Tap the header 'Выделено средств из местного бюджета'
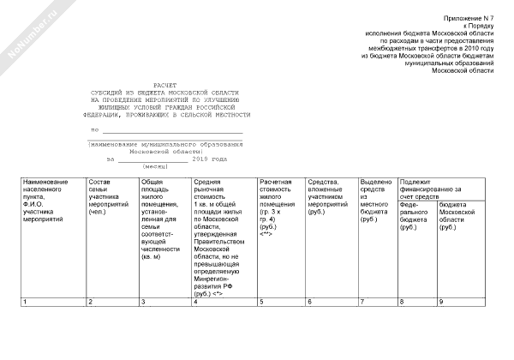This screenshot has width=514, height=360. (x=376, y=201)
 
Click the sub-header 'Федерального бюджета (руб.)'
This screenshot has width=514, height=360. (x=416, y=216)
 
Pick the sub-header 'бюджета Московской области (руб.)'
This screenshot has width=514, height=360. (x=457, y=216)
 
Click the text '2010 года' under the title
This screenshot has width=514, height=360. (x=210, y=159)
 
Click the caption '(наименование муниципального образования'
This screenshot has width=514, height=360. (x=163, y=144)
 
